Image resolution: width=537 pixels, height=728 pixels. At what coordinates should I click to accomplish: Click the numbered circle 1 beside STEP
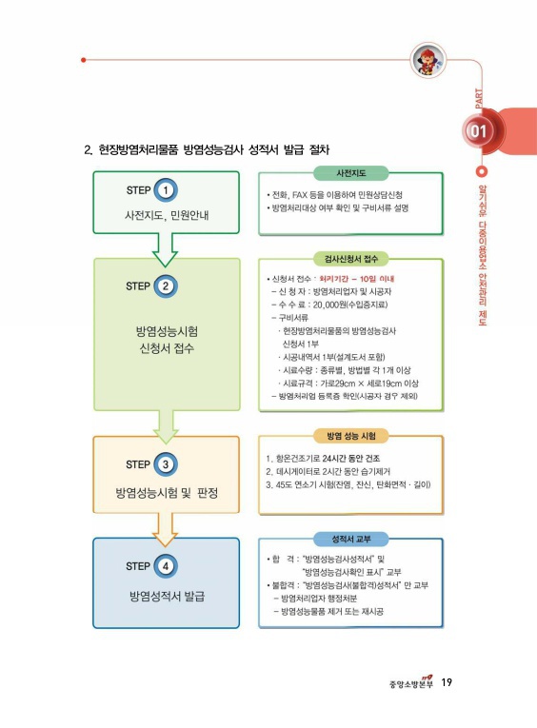[166, 190]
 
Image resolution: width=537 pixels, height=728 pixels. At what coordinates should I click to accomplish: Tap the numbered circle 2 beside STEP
[166, 286]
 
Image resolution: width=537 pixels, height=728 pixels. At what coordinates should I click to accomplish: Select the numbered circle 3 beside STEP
[166, 464]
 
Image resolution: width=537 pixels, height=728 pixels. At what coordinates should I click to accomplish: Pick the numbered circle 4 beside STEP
[166, 566]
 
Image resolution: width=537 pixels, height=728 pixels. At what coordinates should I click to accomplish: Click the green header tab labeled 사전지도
[350, 173]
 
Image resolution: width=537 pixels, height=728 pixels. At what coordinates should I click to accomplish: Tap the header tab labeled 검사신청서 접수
[350, 259]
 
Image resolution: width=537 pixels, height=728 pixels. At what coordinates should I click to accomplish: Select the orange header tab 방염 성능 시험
[350, 436]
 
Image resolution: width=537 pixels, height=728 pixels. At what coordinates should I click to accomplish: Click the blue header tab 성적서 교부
[350, 539]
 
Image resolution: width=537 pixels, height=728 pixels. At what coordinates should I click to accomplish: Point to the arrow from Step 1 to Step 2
[165, 249]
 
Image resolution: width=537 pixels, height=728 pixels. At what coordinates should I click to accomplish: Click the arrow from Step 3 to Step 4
[165, 529]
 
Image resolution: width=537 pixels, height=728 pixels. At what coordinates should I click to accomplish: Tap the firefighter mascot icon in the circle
[428, 60]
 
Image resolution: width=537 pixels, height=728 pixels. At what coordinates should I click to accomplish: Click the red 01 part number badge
[479, 131]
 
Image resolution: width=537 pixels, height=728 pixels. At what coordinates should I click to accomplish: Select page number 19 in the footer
[447, 682]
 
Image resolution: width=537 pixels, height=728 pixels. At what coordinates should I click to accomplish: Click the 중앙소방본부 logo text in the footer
[411, 683]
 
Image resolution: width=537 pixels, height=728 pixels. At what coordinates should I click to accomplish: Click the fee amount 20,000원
[329, 305]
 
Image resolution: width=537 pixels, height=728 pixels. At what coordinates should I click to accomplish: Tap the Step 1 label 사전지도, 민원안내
[167, 215]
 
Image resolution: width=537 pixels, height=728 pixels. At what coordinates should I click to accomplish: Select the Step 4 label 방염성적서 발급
[167, 596]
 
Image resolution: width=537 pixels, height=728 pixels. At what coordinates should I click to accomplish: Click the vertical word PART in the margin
[479, 99]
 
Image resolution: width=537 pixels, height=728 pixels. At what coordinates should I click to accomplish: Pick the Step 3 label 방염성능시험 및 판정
[167, 493]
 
